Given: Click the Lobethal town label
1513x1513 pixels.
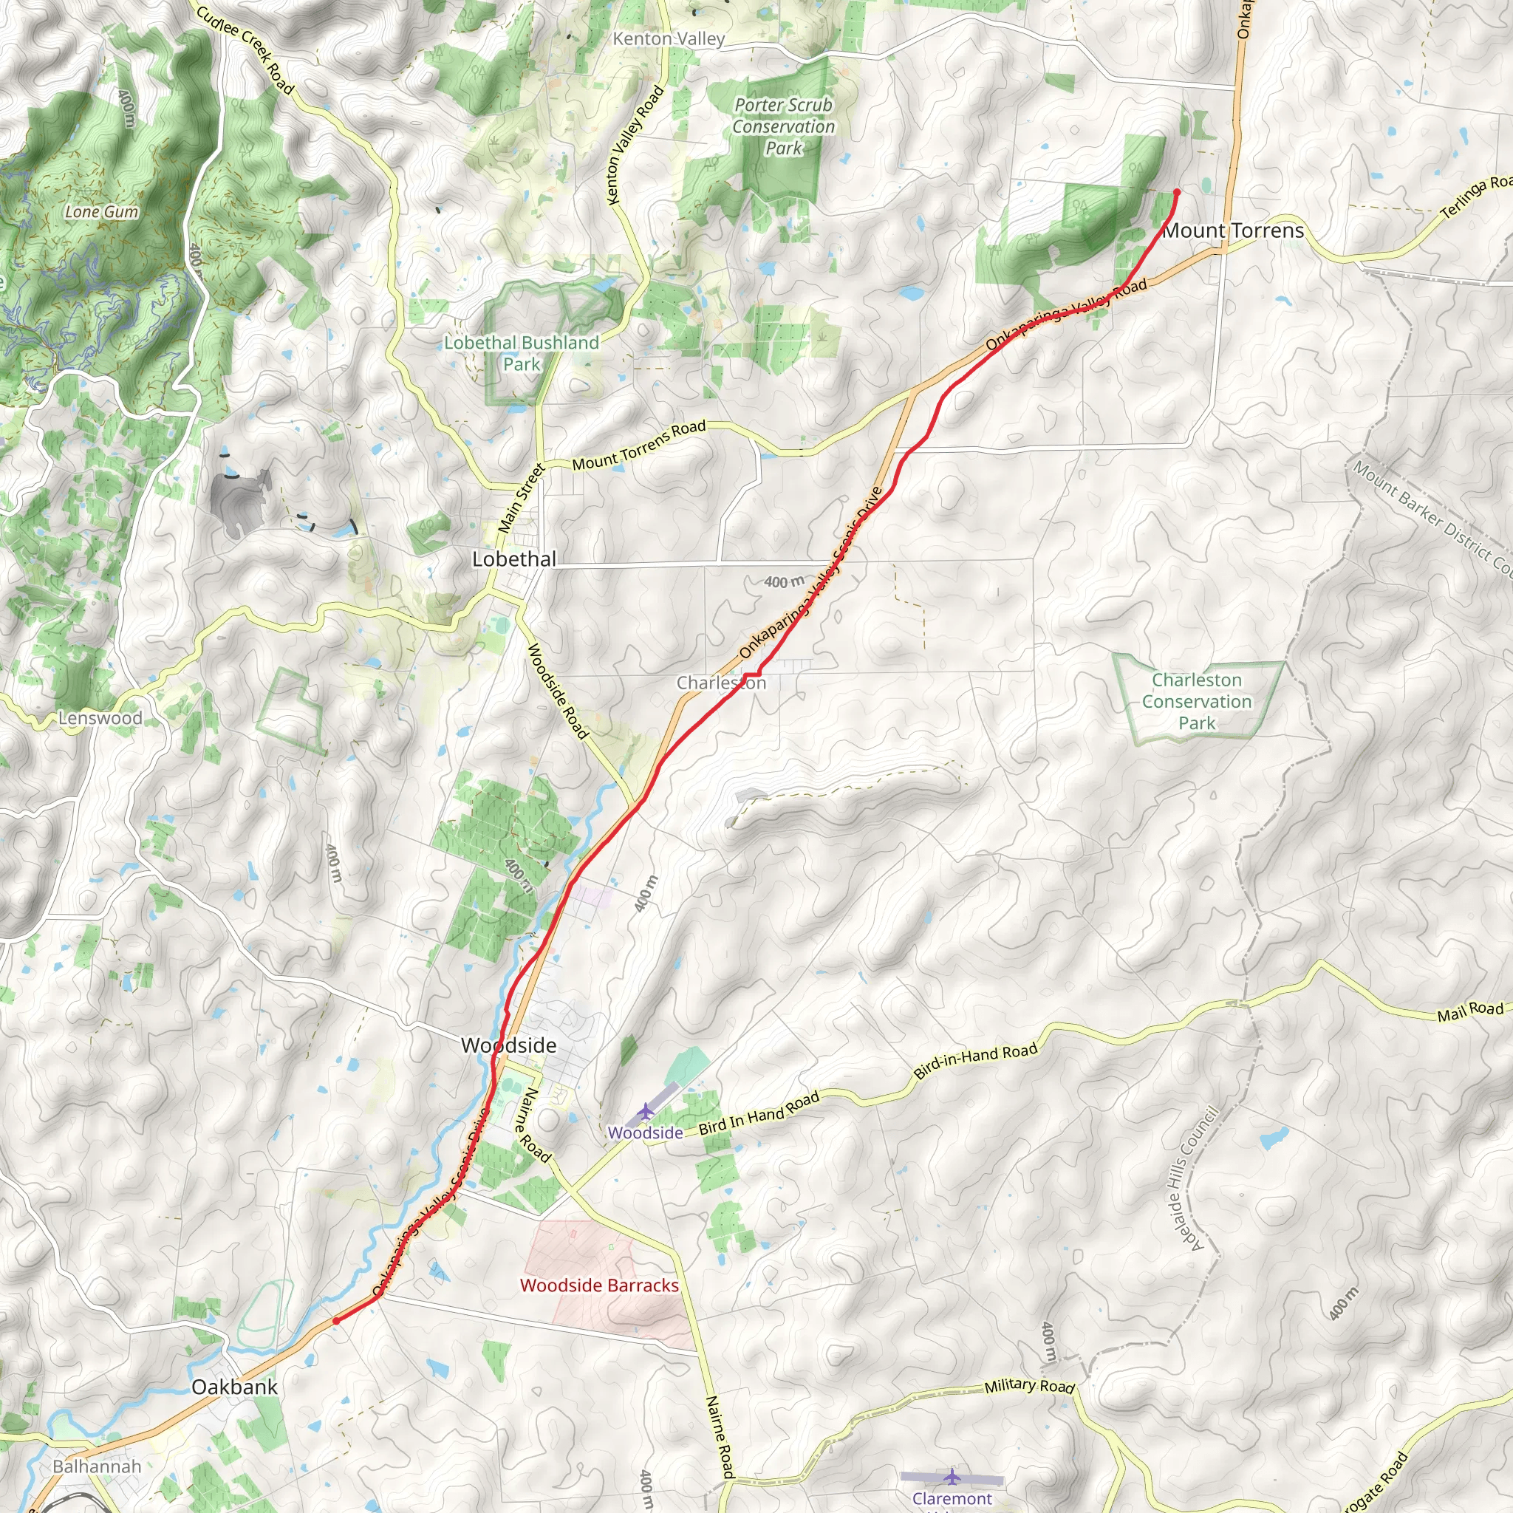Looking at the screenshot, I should pos(513,559).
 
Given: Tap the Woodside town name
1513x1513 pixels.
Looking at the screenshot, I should pos(508,1045).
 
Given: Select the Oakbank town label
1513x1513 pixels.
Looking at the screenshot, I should pos(234,1387).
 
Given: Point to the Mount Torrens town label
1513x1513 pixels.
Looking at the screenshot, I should pos(1234,231).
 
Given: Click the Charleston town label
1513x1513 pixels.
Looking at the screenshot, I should pos(721,683).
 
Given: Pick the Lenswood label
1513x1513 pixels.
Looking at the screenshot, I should pos(100,718).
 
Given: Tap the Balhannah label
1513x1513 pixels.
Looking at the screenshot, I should pos(97,1466).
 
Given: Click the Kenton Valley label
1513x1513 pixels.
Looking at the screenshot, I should pos(669,39).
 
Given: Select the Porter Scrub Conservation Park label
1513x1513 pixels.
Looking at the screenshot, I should pos(783,127).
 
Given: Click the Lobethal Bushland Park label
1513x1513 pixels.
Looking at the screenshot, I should pos(522,353).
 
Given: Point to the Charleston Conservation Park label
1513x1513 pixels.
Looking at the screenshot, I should pos(1197,702).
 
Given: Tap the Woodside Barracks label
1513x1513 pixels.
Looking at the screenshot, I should pos(599,1285).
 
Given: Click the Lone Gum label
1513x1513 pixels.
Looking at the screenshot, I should pos(102,211).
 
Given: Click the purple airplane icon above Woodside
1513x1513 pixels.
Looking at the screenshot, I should pos(644,1111).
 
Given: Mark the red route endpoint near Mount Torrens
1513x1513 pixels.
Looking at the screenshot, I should pos(1176,192).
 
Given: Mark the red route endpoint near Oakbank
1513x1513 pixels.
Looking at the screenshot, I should pos(336,1320).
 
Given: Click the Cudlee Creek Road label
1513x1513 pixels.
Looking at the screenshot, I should pos(245,50).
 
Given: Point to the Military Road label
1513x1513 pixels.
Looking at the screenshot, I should pos(1029,1386).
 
